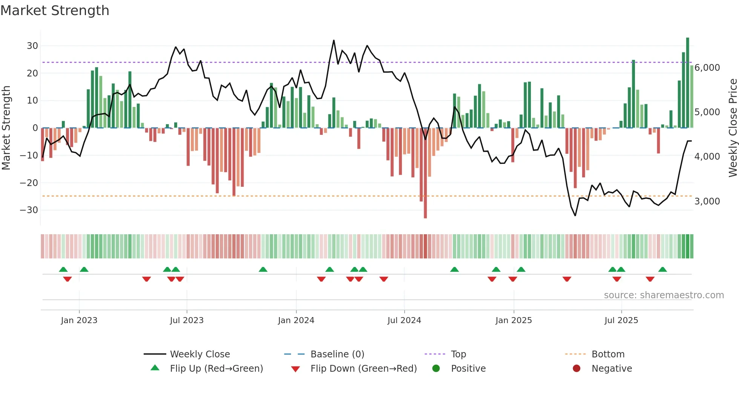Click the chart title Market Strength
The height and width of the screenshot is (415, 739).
point(55,11)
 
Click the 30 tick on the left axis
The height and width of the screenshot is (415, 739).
point(32,46)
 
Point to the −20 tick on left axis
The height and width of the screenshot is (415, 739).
point(29,183)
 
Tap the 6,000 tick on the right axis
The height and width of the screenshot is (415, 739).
point(707,68)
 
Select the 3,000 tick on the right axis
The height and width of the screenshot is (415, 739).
point(707,201)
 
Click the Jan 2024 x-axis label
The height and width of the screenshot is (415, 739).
point(296,320)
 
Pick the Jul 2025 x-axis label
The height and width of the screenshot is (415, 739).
point(621,320)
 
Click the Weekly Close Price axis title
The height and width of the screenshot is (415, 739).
point(733,128)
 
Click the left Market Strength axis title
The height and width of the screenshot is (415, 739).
point(6,128)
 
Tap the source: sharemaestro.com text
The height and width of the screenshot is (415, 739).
point(664,295)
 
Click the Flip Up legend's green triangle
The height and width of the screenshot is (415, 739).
point(155,368)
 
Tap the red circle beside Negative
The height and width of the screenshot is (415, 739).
point(576,368)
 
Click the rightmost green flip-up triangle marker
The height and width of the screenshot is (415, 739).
point(662,270)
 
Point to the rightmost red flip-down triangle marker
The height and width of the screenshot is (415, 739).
point(650,279)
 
